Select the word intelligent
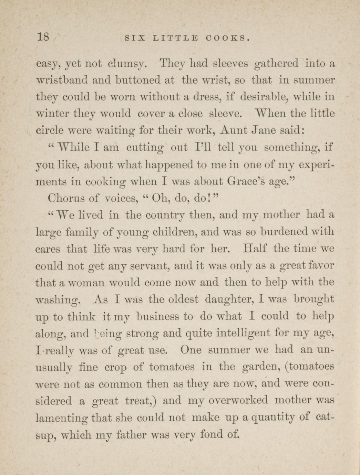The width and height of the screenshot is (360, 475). coord(241,333)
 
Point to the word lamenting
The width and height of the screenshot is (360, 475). coord(63,418)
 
